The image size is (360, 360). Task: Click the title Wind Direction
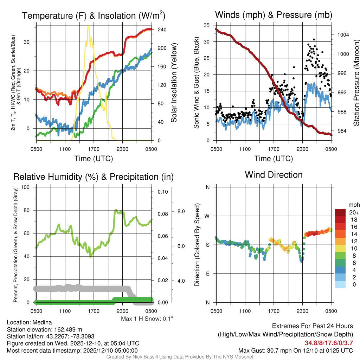coord(274,175)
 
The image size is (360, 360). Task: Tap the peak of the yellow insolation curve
coord(88,26)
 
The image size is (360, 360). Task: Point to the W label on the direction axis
coord(208,216)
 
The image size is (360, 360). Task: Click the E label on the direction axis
coord(208,274)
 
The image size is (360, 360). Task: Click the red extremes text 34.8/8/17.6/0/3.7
coord(329,343)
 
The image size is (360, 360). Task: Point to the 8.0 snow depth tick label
coord(181,212)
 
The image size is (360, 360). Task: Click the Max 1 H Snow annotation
coord(147,319)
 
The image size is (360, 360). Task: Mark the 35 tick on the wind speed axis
coord(207,25)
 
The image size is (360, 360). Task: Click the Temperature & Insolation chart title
coord(94,15)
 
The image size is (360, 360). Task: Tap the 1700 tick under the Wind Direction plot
coord(274,311)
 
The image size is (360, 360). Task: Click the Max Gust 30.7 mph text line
coord(295,351)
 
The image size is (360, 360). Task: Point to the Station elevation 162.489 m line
coord(44,329)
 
